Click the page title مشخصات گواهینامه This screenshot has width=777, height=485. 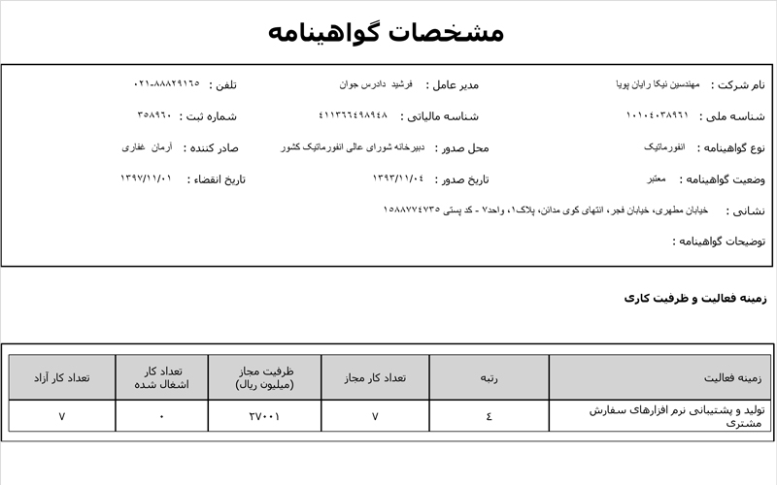coord(387,32)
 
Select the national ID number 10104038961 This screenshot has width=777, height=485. coord(657,115)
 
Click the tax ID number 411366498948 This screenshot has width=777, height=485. coord(353,115)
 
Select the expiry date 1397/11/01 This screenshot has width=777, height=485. coord(146,178)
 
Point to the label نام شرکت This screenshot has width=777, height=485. coord(738,85)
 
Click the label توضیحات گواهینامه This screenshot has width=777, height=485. coord(719,241)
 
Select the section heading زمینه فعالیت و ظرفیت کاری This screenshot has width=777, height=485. coord(695,299)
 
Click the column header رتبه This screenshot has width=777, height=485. coord(489,377)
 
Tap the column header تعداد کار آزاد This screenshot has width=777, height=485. coord(62,377)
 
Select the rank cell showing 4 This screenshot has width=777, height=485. coord(489,416)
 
